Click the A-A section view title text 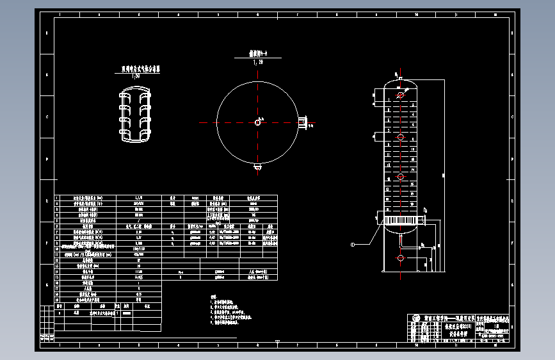pyautogui.click(x=257, y=55)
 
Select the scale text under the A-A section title pyautogui.click(x=258, y=62)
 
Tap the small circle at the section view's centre pyautogui.click(x=257, y=122)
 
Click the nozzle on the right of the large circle pyautogui.click(x=303, y=122)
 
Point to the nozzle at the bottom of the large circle pyautogui.click(x=257, y=167)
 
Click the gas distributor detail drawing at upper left pyautogui.click(x=136, y=115)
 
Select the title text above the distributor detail pyautogui.click(x=136, y=69)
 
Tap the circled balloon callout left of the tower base pyautogui.click(x=352, y=245)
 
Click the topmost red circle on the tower pyautogui.click(x=400, y=95)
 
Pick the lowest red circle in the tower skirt pyautogui.click(x=400, y=258)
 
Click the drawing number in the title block pyautogui.click(x=494, y=335)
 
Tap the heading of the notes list pyautogui.click(x=213, y=297)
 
